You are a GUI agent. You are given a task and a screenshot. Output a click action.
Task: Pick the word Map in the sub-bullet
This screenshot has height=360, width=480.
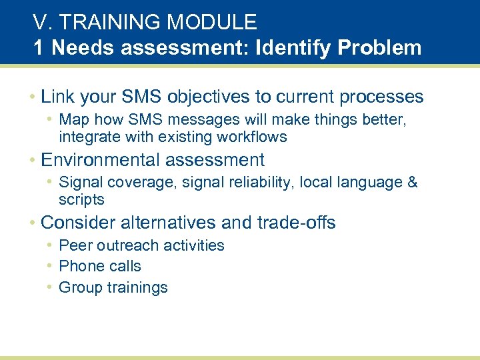(73, 120)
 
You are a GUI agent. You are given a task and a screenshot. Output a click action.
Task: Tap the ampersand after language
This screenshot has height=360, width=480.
(411, 183)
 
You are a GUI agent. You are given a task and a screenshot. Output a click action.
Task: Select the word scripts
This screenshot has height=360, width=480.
(81, 200)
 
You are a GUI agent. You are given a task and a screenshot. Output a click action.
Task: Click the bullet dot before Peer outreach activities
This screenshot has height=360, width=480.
(51, 245)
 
